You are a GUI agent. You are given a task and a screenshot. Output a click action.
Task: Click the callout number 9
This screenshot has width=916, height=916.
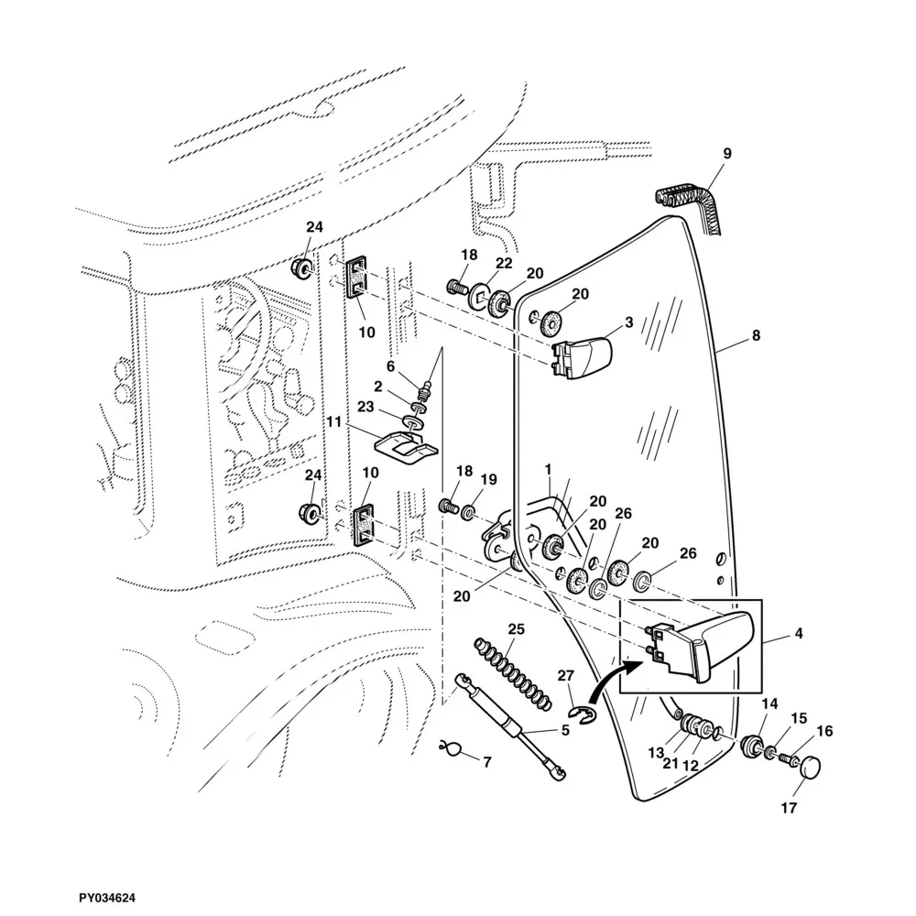point(727,154)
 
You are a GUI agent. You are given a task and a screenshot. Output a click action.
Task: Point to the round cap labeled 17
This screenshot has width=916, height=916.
point(808,768)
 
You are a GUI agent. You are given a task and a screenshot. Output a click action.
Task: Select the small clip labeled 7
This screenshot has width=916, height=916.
point(450,749)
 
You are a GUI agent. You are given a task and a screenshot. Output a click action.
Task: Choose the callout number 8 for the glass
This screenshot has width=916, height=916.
point(756,336)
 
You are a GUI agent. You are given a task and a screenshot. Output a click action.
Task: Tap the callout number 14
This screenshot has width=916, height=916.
point(769,703)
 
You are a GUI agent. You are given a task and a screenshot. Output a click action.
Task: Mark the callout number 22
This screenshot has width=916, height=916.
point(503,263)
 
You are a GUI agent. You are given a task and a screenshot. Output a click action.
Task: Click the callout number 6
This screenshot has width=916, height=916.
point(390,366)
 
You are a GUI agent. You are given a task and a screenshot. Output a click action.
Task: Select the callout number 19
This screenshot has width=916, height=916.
point(488,479)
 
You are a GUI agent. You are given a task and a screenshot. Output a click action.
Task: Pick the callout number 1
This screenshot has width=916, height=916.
point(548,469)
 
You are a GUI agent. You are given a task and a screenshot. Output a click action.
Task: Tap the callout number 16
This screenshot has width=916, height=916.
point(824,732)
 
